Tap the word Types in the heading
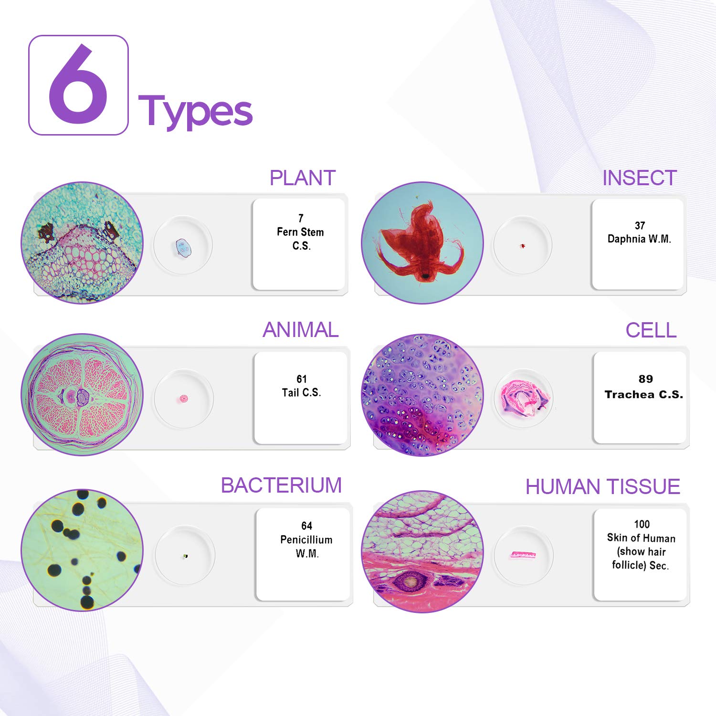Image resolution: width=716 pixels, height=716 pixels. (x=195, y=112)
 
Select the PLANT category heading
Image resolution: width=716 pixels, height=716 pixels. (x=303, y=178)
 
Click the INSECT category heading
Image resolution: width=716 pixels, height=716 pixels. (x=640, y=178)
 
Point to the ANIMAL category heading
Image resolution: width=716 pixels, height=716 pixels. (x=301, y=330)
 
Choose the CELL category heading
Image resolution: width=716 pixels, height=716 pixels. (x=651, y=330)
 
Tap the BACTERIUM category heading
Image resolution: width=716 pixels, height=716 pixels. (x=281, y=485)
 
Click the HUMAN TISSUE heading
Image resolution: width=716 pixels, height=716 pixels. (x=603, y=487)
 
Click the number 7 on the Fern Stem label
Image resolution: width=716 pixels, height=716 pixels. (x=301, y=218)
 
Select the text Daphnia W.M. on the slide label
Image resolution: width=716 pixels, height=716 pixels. (x=640, y=239)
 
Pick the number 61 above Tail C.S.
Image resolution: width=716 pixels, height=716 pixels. (x=302, y=379)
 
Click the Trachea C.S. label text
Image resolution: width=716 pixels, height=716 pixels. (x=644, y=394)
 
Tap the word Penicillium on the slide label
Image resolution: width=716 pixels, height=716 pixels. (x=306, y=539)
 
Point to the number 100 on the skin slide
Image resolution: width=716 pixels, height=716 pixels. (x=642, y=524)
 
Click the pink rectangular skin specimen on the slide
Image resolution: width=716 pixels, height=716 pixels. (x=523, y=555)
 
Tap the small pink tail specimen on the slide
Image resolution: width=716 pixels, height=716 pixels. (x=184, y=399)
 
